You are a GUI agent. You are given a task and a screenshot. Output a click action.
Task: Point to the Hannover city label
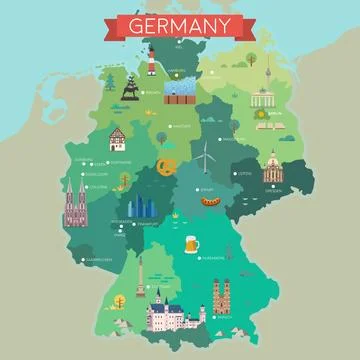tap(182, 127)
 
